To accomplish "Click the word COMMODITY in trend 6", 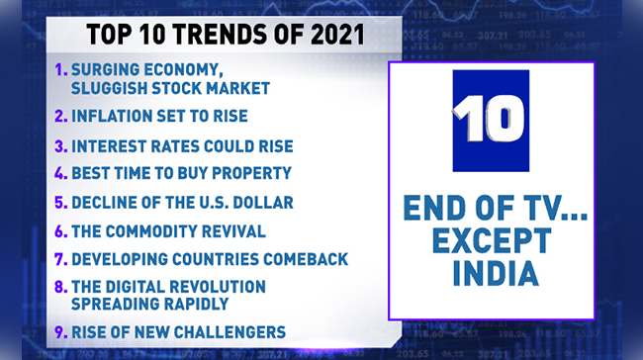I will pos(168,231).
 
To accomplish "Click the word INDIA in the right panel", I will pos(492,274).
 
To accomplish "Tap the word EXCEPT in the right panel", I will pos(492,241).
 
